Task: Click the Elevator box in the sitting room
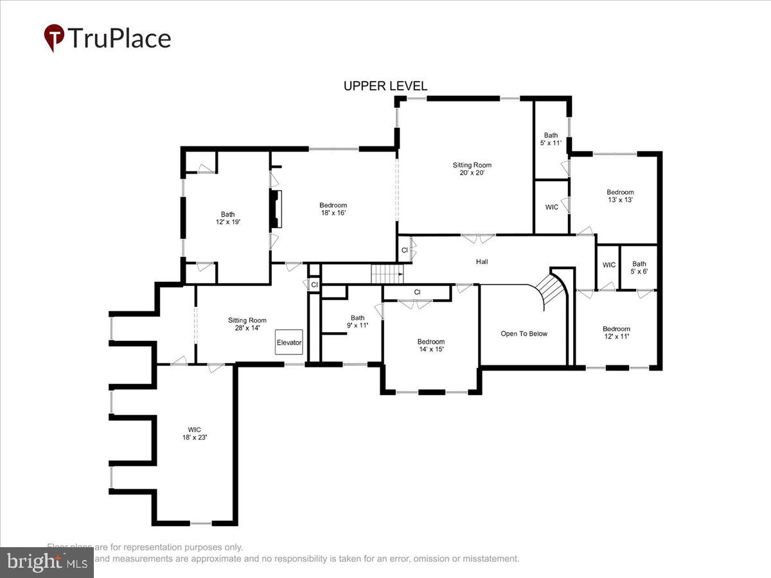289,342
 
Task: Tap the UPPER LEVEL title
385,86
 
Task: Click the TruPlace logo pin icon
54,37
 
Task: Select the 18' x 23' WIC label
194,433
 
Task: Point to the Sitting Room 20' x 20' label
472,169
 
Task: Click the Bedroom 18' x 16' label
333,209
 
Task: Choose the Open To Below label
524,334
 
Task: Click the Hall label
482,261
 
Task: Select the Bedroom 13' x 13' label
620,196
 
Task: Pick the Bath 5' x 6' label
639,267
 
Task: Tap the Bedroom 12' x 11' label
616,332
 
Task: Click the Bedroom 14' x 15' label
430,346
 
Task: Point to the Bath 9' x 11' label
357,321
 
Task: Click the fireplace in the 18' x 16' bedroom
275,209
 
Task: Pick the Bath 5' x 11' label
551,139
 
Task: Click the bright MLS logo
46,562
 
